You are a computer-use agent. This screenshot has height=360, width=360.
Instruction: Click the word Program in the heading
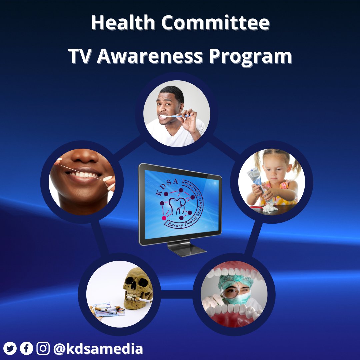[x=250, y=57]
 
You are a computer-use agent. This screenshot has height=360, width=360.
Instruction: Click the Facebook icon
[x=27, y=349]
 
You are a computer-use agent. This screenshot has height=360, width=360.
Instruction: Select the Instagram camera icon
[x=43, y=349]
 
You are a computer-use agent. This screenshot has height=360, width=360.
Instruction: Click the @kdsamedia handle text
[x=98, y=349]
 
